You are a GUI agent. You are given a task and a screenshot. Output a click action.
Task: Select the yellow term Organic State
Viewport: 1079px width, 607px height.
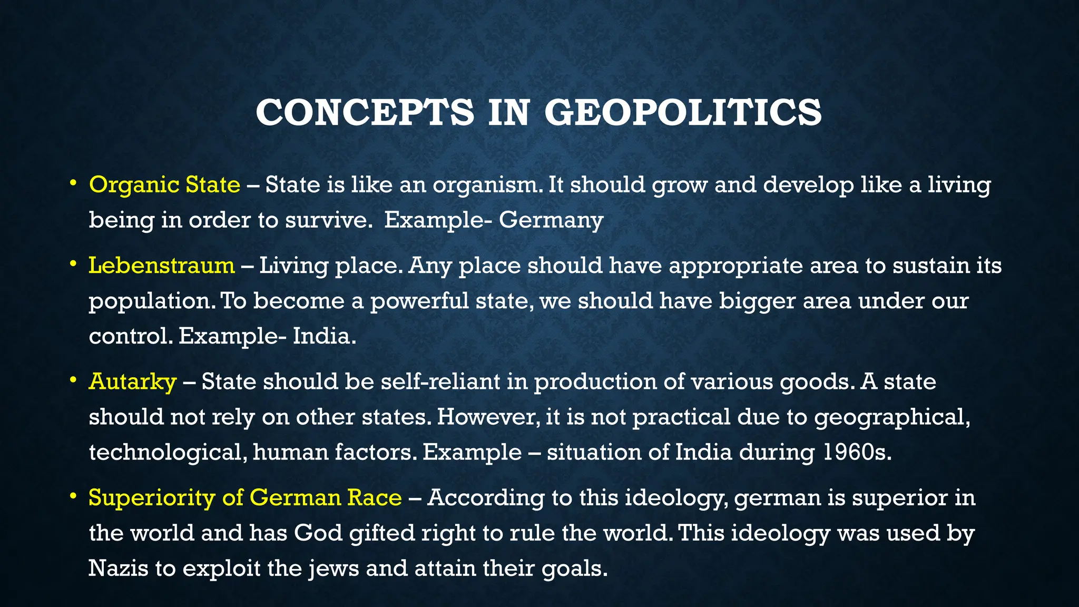click(x=164, y=185)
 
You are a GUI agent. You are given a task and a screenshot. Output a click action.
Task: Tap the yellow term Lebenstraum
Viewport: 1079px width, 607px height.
click(x=161, y=265)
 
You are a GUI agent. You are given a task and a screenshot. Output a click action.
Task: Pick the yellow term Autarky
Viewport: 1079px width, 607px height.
click(x=132, y=381)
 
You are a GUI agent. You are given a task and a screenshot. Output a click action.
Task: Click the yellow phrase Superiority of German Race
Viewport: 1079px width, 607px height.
click(x=245, y=498)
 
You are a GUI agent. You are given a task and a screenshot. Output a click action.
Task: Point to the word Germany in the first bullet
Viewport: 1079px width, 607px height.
click(x=551, y=220)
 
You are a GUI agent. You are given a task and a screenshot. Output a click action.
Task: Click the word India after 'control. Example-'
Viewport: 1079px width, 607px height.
click(x=324, y=336)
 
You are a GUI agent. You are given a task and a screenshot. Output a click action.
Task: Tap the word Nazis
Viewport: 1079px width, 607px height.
click(x=118, y=569)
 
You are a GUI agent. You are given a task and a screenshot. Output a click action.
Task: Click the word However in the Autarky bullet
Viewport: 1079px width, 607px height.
click(x=488, y=417)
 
